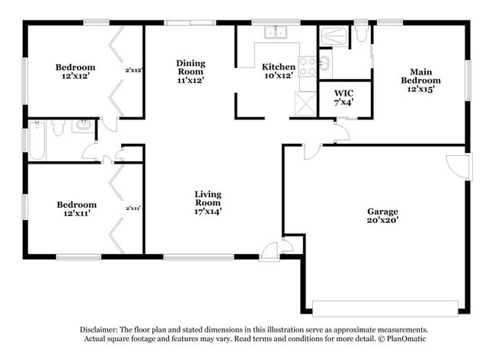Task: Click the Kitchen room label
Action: pos(278,71)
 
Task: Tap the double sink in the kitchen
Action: pos(275,33)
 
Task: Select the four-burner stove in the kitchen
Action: pos(307,66)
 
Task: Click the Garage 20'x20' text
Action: pos(382,215)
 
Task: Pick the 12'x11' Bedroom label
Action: pos(76,209)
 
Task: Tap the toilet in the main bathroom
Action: pos(362,34)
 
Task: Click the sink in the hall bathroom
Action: pos(82,126)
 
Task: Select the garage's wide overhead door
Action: pos(385,308)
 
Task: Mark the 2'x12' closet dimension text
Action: pos(134,71)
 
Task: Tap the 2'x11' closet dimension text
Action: pos(134,207)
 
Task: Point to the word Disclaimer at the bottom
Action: pos(101,330)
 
